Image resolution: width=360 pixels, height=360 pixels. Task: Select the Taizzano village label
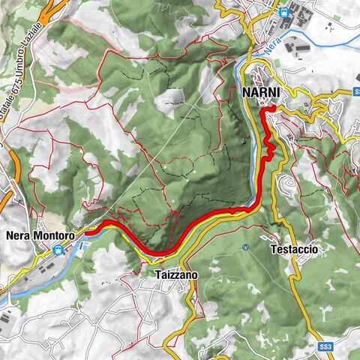[x=177, y=275]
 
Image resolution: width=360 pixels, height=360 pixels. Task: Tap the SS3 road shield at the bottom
[x=325, y=347]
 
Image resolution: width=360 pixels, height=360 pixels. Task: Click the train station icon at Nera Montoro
[x=58, y=250]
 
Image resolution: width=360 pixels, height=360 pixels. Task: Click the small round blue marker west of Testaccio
[x=245, y=248]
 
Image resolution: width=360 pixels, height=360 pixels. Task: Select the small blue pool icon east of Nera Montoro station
[x=85, y=247]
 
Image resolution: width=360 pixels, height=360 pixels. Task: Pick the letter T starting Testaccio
[x=271, y=249]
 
